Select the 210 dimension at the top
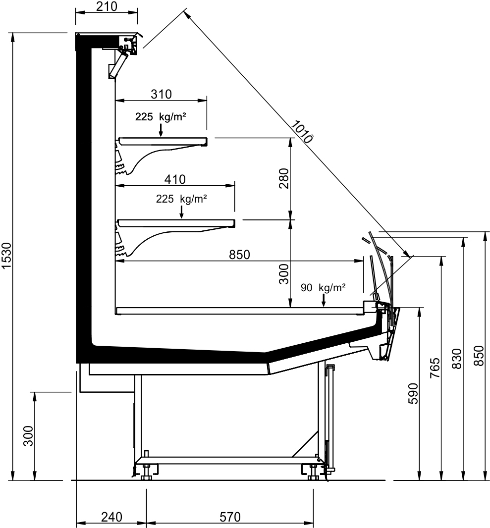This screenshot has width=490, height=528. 107,6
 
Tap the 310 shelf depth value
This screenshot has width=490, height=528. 162,94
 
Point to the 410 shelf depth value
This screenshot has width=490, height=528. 175,179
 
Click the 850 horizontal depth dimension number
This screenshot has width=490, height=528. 239,255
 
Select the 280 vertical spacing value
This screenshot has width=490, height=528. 284,178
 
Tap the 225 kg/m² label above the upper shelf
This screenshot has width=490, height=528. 161,117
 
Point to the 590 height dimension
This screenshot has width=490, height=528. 413,393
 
